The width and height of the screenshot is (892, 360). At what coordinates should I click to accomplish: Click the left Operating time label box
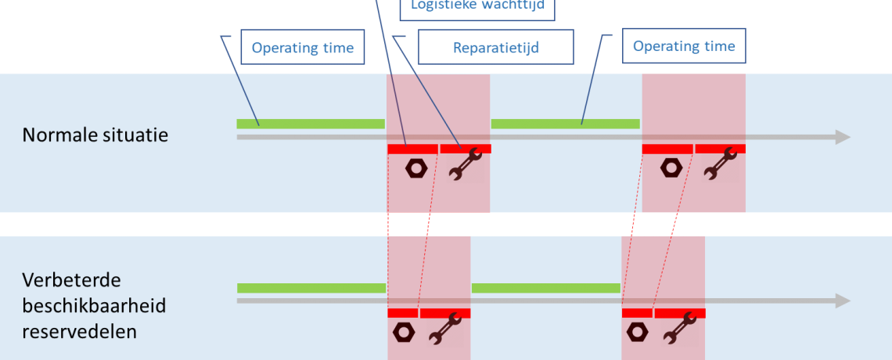click(x=302, y=48)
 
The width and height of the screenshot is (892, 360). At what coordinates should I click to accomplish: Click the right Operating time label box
click(x=684, y=46)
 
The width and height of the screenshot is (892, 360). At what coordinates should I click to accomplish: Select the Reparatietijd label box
click(x=496, y=48)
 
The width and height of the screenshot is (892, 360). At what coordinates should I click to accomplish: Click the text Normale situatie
click(x=95, y=135)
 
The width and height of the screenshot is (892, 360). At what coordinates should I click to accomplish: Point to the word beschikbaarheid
click(x=94, y=305)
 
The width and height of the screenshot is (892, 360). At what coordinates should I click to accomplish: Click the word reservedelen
click(x=80, y=331)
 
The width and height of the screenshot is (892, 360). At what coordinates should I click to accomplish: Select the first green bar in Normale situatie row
click(x=311, y=124)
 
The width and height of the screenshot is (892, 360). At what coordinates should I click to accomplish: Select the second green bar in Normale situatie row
click(x=565, y=124)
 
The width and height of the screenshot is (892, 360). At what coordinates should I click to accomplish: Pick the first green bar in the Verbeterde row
click(x=311, y=288)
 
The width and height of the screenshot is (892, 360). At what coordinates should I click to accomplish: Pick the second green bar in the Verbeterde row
click(x=545, y=288)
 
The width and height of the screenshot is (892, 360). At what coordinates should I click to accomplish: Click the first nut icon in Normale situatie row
click(x=415, y=168)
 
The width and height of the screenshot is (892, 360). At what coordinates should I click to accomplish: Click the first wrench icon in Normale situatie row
click(x=465, y=165)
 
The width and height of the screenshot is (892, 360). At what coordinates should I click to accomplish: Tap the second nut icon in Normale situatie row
click(x=670, y=167)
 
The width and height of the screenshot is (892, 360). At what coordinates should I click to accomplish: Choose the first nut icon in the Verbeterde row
click(x=403, y=333)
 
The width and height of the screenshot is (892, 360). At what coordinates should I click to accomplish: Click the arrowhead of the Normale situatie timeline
click(x=843, y=137)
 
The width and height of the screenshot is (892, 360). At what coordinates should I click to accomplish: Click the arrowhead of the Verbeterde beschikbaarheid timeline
click(x=843, y=301)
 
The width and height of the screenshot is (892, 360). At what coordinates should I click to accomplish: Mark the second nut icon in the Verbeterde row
click(x=637, y=333)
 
